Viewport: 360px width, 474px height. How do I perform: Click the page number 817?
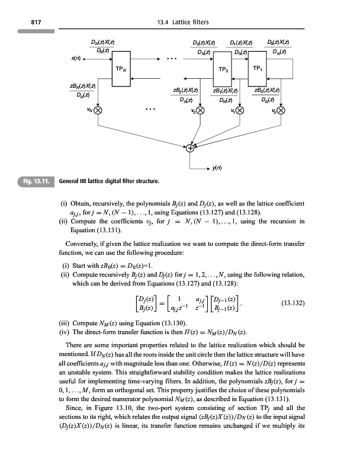pyautogui.click(x=25, y=22)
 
